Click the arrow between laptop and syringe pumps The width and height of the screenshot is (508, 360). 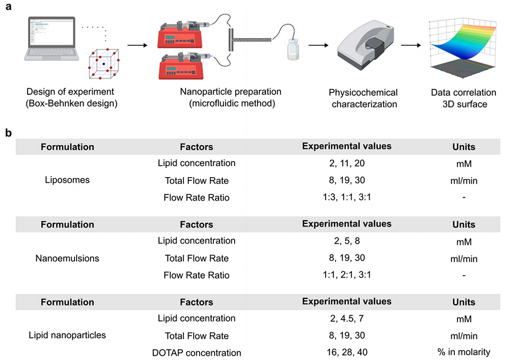[x=138, y=45]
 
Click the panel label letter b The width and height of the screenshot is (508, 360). [x=8, y=133]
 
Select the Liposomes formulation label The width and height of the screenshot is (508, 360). [x=68, y=180]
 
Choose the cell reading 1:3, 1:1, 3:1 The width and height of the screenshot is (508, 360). [x=346, y=197]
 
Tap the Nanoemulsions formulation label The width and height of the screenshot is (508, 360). [x=68, y=258]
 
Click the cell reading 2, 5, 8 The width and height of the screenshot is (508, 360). [x=346, y=241]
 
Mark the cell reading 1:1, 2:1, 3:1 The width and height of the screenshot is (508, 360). [x=346, y=275]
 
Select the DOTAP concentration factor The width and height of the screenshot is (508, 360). [x=199, y=353]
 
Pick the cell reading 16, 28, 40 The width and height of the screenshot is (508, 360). [x=346, y=353]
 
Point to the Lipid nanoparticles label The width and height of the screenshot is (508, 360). [x=68, y=336]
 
